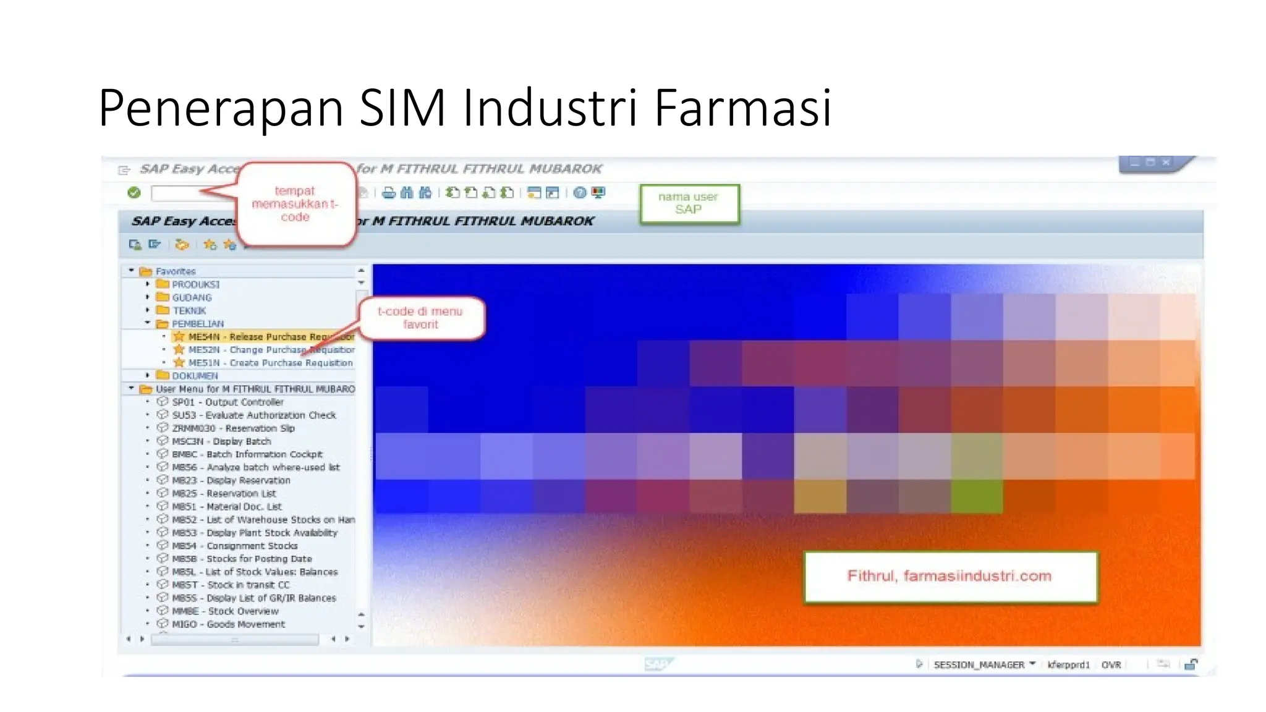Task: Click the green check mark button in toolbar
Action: [x=134, y=193]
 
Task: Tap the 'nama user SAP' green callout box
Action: [x=689, y=203]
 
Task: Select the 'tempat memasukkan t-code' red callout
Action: [x=295, y=204]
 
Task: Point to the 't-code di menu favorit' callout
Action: [x=420, y=318]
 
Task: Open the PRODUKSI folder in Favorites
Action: [x=195, y=285]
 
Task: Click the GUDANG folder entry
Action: [x=191, y=298]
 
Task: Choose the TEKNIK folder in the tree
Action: [x=189, y=311]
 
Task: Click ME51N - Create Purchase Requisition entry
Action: [x=270, y=363]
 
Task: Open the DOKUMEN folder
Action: [x=194, y=376]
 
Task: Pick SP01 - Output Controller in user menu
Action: [x=227, y=402]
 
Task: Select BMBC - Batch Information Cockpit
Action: [x=247, y=454]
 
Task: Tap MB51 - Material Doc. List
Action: [x=226, y=507]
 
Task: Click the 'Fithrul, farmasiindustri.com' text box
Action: [x=949, y=577]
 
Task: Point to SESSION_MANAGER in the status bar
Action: [x=979, y=665]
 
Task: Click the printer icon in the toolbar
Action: [x=389, y=193]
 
